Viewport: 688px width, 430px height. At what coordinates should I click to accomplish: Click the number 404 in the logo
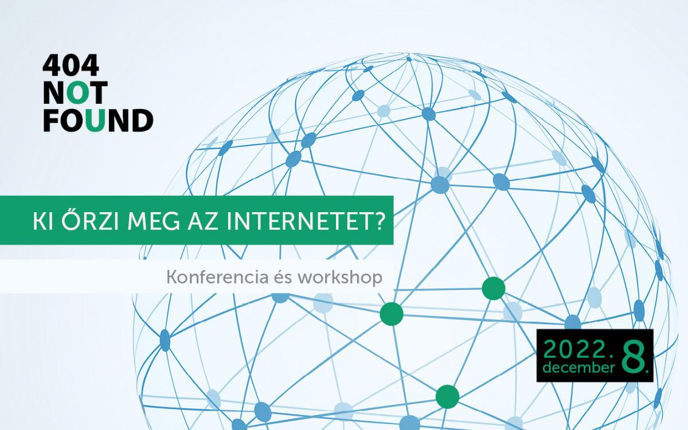pos(71,65)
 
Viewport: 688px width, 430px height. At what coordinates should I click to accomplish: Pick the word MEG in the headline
pos(153,221)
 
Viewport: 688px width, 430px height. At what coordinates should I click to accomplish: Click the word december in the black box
pos(579,368)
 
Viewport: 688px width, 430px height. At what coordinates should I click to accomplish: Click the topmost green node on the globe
pos(493,288)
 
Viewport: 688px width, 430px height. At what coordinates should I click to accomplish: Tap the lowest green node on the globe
pos(448,397)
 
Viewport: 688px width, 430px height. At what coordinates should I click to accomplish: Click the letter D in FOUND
pos(142,121)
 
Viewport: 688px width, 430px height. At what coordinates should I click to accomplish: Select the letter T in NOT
pos(98,92)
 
